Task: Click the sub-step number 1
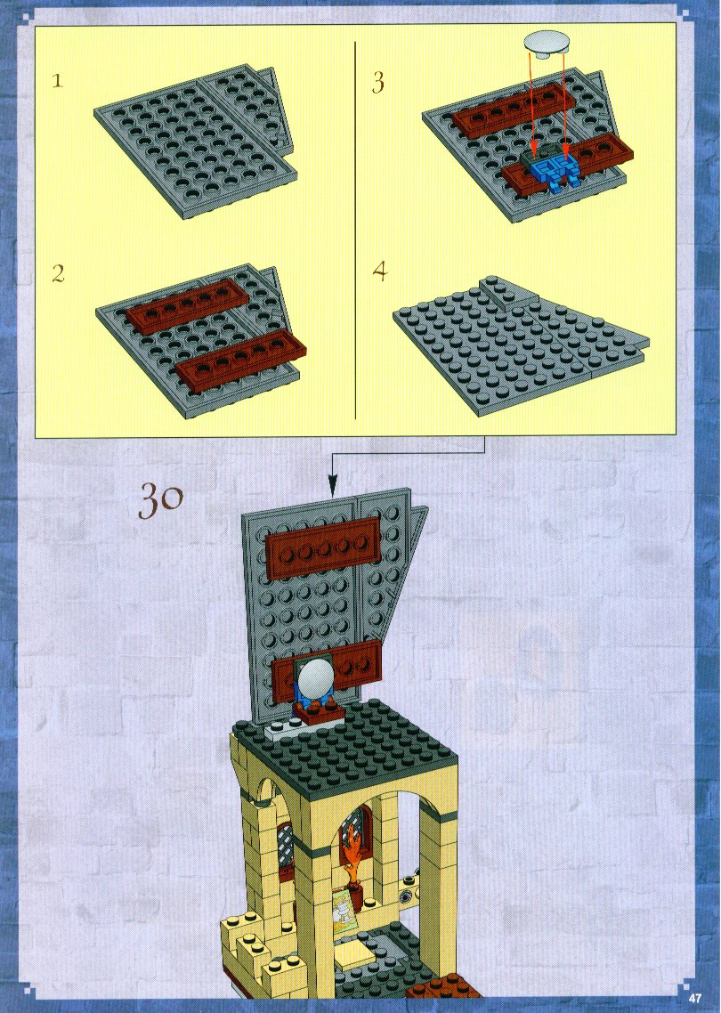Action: [58, 81]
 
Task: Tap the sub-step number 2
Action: [58, 274]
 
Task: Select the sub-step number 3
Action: [378, 83]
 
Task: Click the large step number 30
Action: [161, 500]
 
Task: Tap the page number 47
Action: [694, 998]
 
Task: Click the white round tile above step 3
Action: [547, 44]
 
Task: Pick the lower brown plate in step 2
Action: [240, 360]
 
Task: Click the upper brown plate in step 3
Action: [514, 109]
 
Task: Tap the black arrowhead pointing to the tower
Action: [332, 487]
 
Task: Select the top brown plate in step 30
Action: [323, 547]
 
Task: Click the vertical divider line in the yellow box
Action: [355, 231]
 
